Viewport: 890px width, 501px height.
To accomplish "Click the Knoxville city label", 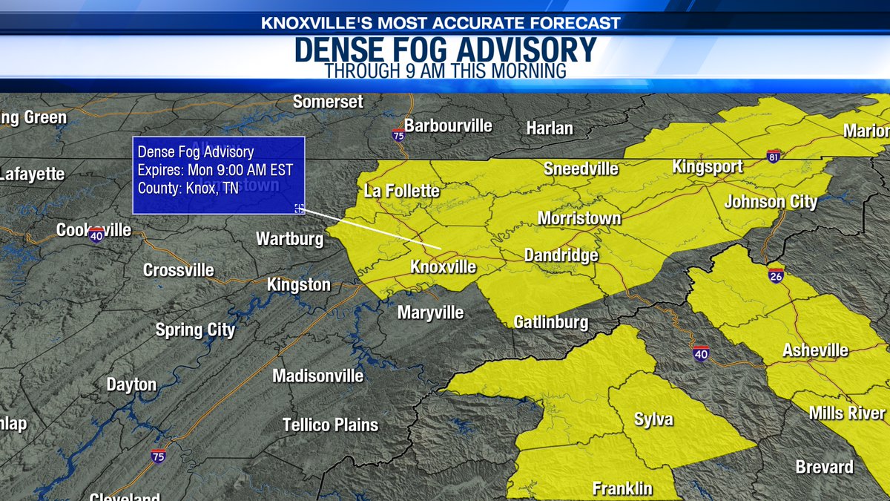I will coord(444,266).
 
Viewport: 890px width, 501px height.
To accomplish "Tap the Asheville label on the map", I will coord(816,350).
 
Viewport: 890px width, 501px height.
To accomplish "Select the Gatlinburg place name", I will coord(551,322).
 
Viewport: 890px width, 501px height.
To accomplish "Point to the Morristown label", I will coord(578,219).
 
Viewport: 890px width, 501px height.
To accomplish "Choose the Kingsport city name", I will coord(707,166).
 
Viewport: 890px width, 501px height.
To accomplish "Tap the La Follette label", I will coord(402,191).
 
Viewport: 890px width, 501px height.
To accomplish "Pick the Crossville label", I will coord(179,270).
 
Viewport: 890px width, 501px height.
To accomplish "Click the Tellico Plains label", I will coord(330,425).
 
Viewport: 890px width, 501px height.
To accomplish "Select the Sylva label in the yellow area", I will coord(653,419).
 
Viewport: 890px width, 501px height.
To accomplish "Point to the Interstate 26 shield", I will coord(776,275).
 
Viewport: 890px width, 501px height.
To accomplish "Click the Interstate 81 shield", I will coord(774,155).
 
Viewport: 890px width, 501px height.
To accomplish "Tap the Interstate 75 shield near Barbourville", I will coord(398,134).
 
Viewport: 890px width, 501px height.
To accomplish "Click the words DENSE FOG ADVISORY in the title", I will coord(445,50).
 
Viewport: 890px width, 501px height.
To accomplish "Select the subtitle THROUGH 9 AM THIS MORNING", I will coord(445,71).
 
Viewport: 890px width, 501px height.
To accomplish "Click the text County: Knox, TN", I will coord(188,189).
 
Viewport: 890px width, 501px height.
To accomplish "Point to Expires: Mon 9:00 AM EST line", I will coord(215,170).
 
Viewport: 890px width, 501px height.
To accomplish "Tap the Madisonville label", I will coord(317,376).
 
